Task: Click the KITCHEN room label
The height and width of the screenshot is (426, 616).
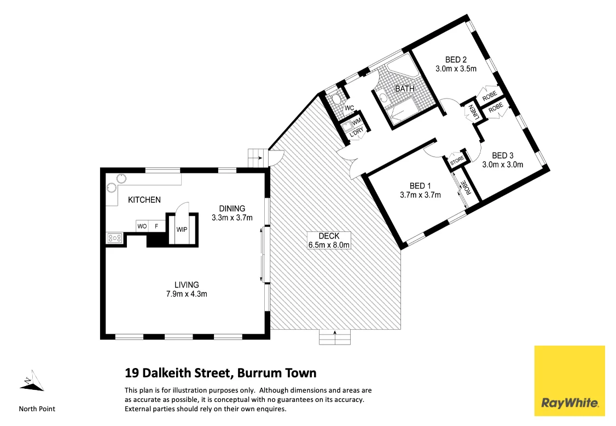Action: point(144,200)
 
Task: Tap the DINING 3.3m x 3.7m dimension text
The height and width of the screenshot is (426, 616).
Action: point(232,218)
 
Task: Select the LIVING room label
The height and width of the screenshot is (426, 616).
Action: point(187,285)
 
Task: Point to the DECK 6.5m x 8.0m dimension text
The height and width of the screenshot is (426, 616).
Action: point(328,245)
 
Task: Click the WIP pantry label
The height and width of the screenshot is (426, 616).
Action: point(182,229)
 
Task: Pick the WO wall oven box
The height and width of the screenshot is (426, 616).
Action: point(142,226)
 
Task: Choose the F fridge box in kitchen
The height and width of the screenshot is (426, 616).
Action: point(156,226)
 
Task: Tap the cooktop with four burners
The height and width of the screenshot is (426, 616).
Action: point(114,238)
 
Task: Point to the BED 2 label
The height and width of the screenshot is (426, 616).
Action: point(456,60)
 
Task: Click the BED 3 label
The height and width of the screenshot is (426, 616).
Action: point(502,155)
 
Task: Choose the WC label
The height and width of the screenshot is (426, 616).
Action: point(348,108)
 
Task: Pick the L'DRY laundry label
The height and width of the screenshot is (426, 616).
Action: point(356,132)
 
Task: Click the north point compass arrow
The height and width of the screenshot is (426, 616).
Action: point(32,381)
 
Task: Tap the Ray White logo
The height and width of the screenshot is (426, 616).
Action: point(569,381)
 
